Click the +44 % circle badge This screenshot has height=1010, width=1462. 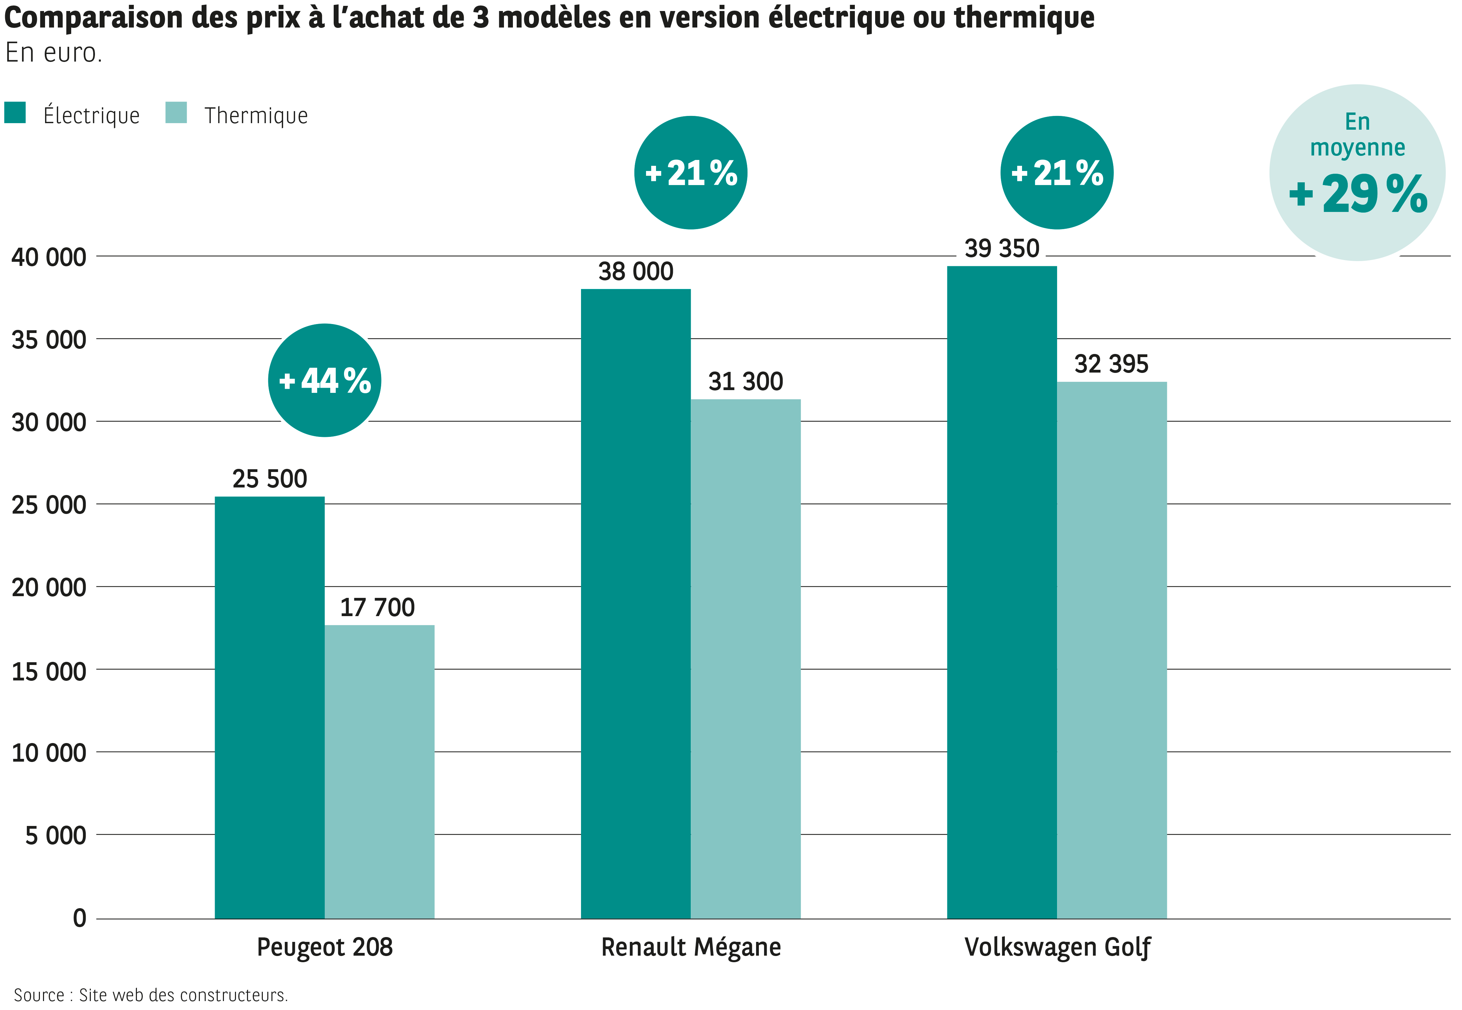coord(324,380)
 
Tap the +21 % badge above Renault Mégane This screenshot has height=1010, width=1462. coord(691,173)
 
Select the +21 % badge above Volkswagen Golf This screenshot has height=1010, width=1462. coord(1056,173)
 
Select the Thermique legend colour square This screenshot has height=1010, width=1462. coord(176,112)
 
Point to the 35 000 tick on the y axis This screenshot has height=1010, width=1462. coord(49,340)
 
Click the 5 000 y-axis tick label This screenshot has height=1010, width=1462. coord(56,835)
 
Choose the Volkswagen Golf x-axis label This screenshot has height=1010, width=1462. coord(1056,947)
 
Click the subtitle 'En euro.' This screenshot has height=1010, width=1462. coord(54,53)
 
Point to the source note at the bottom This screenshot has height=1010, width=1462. coord(151,995)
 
